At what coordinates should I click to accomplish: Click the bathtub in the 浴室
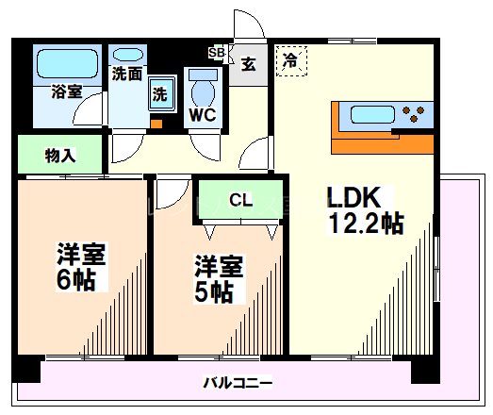67,63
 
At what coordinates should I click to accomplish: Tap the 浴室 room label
67,91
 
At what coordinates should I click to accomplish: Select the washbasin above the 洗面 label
128,55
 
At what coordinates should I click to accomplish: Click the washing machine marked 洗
162,93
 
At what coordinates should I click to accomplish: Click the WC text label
202,115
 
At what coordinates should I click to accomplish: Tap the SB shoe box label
217,52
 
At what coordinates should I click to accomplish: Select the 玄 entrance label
249,64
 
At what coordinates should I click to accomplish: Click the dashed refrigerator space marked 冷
291,61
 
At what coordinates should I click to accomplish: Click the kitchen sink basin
372,114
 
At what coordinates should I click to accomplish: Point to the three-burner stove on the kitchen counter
414,113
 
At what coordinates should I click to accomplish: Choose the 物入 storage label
60,156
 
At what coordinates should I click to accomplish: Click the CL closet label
240,200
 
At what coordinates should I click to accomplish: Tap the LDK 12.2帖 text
366,210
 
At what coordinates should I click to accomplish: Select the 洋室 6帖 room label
81,267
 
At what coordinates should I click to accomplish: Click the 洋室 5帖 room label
219,279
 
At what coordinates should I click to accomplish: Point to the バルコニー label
238,383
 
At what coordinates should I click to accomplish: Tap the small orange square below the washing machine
156,124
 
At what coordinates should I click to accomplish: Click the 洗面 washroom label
127,75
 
